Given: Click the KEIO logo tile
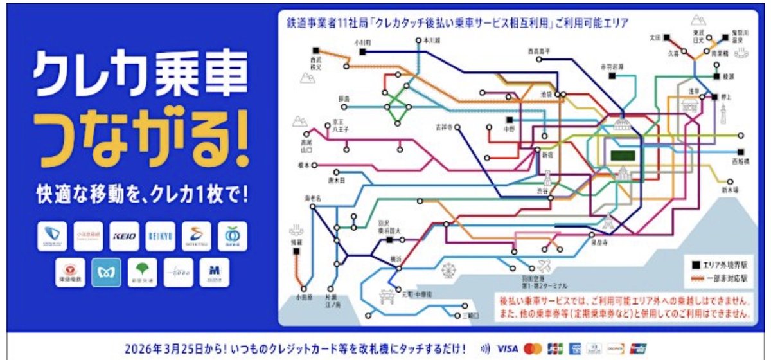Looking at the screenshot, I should pyautogui.click(x=123, y=236).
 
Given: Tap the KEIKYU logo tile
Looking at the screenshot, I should pyautogui.click(x=160, y=236).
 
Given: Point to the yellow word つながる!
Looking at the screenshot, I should pyautogui.click(x=139, y=141).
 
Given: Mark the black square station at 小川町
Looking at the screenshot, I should pyautogui.click(x=362, y=52).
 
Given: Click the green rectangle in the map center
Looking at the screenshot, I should pyautogui.click(x=621, y=155).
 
